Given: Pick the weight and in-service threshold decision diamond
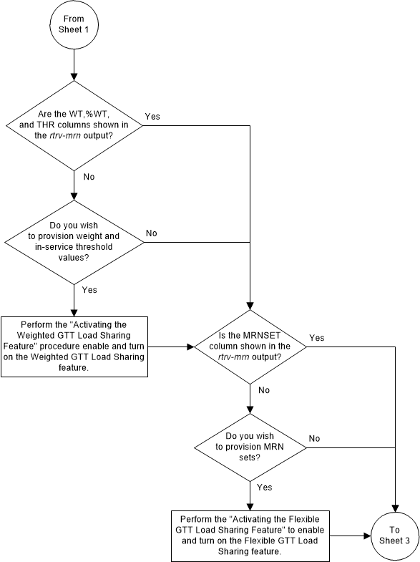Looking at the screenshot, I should pos(74,241).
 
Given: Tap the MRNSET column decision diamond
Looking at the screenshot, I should pos(250,347).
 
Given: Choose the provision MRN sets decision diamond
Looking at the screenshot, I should pos(250,448).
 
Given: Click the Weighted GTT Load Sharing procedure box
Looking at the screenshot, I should pos(74,347).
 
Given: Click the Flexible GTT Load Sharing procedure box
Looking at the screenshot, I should pos(250,535).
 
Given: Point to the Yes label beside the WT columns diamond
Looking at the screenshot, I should pos(152,116).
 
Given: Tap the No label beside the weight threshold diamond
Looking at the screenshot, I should pos(152,233).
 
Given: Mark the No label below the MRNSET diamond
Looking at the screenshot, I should pos(264,391).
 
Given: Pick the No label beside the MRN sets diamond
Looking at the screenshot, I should pos(314,437).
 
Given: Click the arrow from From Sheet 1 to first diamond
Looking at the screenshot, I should pos(74,68).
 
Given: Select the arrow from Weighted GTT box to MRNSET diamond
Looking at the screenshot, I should pos(171,347).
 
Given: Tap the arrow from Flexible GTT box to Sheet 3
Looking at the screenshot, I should pos(350,535).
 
